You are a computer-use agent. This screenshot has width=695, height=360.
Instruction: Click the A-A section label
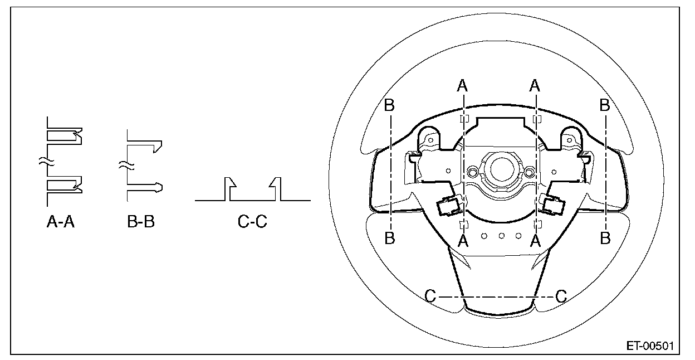(61, 221)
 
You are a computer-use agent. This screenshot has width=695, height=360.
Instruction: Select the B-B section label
(141, 221)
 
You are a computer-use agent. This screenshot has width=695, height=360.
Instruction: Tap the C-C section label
(252, 221)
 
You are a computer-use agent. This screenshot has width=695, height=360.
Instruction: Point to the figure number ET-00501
(650, 346)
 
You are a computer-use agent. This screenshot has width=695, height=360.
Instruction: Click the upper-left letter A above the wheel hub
(462, 85)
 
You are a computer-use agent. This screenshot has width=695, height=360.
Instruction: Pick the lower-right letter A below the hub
(536, 241)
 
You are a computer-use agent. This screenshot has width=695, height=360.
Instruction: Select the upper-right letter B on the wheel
(605, 105)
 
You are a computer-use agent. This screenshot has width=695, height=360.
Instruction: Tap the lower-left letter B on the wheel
(390, 239)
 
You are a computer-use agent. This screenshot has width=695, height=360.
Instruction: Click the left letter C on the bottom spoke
(430, 296)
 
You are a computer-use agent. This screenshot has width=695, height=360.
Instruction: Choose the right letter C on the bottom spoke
(561, 296)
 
